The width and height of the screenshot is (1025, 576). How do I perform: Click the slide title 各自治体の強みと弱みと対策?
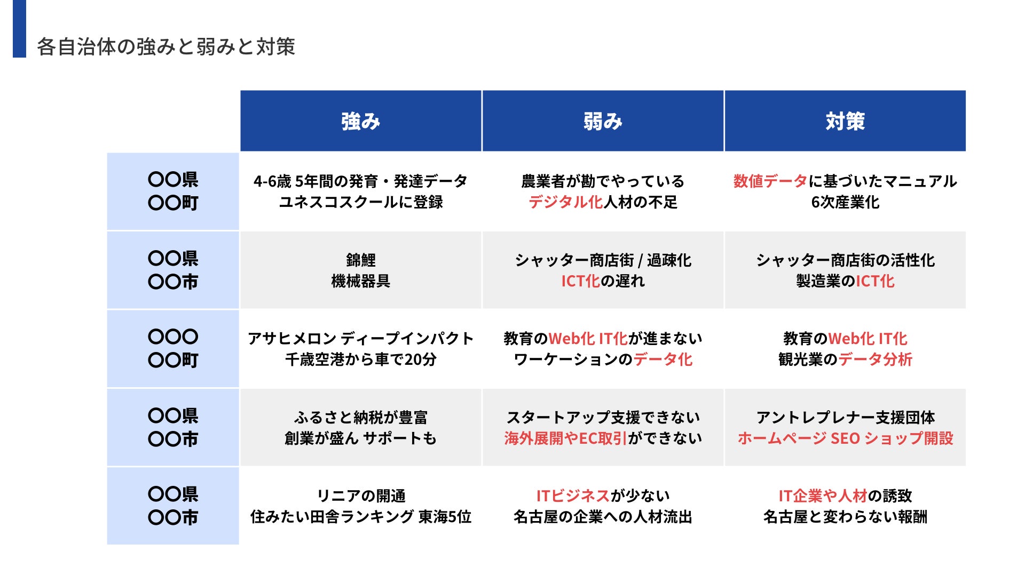[165, 47]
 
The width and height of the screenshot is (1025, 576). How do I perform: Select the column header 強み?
[361, 122]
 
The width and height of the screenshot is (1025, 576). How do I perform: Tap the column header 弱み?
[603, 122]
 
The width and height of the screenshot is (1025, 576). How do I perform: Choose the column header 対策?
[845, 122]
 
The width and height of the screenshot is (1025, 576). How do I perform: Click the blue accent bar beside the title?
[19, 28]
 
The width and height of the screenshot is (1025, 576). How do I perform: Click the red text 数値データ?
[770, 181]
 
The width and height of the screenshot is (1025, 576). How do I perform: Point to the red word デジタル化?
[565, 202]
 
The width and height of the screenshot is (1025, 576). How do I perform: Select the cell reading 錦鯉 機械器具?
[361, 270]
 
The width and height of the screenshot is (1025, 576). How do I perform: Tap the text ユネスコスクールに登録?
[361, 202]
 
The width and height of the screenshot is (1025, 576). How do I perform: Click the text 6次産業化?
[845, 202]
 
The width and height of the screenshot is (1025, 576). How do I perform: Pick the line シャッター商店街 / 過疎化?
[603, 260]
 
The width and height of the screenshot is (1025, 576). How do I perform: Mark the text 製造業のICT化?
[845, 281]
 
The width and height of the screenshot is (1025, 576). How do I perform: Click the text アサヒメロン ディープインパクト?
[361, 339]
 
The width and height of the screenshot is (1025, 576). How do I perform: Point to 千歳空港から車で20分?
[361, 359]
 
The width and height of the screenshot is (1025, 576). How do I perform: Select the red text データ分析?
[876, 359]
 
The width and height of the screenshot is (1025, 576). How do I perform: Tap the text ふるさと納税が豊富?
[361, 417]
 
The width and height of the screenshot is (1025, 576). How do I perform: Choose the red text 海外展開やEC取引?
[565, 438]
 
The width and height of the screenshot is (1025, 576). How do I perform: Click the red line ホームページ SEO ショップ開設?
[845, 438]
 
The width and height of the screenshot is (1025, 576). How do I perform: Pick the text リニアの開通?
[361, 496]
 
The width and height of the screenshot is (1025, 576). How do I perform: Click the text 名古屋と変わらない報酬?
[845, 517]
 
